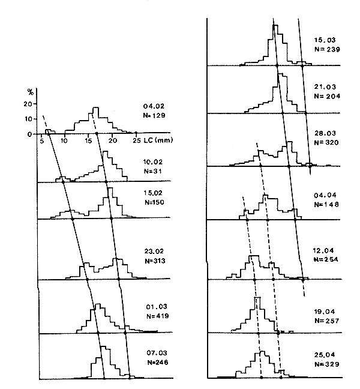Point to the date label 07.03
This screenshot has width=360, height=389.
(x=149, y=354)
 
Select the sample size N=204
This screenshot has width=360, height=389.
(x=326, y=96)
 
